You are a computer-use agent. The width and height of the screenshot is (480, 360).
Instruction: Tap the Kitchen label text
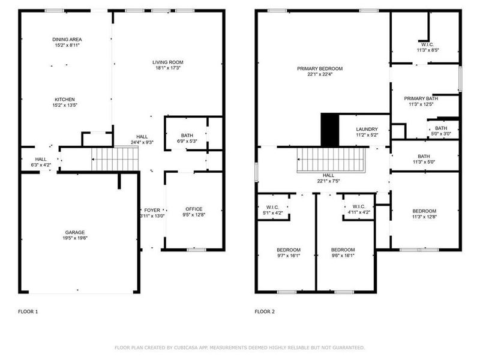[65, 100]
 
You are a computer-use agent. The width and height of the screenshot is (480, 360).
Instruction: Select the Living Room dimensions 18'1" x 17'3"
[167, 68]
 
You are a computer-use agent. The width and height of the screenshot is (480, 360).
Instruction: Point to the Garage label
[75, 232]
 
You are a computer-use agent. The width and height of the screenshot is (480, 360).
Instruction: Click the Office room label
[194, 209]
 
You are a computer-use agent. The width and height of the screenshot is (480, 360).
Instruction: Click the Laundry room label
[367, 129]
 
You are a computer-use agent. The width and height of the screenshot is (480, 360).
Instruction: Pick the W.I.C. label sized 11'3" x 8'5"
[427, 44]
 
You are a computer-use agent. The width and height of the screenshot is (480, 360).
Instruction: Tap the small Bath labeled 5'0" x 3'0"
[441, 128]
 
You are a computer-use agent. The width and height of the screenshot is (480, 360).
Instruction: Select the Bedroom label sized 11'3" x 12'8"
[424, 211]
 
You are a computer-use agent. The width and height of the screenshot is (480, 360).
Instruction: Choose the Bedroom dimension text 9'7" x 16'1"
[288, 255]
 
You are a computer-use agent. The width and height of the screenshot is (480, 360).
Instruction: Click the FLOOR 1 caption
[28, 312]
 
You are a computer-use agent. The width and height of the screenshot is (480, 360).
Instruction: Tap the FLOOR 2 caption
[265, 312]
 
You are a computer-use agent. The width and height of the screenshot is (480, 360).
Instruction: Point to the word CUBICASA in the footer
[194, 347]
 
